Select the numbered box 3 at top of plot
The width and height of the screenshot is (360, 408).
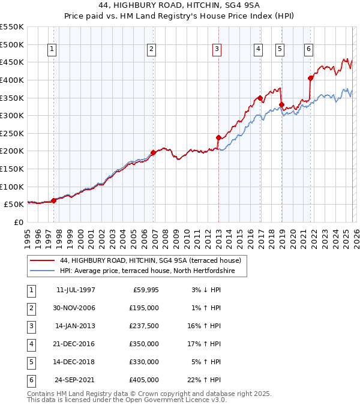tap(217, 49)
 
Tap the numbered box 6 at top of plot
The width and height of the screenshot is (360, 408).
tap(308, 49)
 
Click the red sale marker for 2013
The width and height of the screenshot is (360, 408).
tap(218, 137)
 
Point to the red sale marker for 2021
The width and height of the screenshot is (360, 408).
tap(310, 78)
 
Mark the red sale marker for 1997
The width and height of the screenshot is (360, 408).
tap(54, 200)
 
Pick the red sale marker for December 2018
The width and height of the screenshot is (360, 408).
tap(281, 104)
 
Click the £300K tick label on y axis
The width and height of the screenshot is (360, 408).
tap(12, 115)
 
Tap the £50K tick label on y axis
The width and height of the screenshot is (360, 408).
tap(14, 205)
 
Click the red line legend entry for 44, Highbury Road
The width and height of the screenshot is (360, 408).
tap(150, 260)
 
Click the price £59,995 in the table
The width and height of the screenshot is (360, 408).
tap(145, 290)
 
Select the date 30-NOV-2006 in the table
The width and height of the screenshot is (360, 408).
tap(75, 308)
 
